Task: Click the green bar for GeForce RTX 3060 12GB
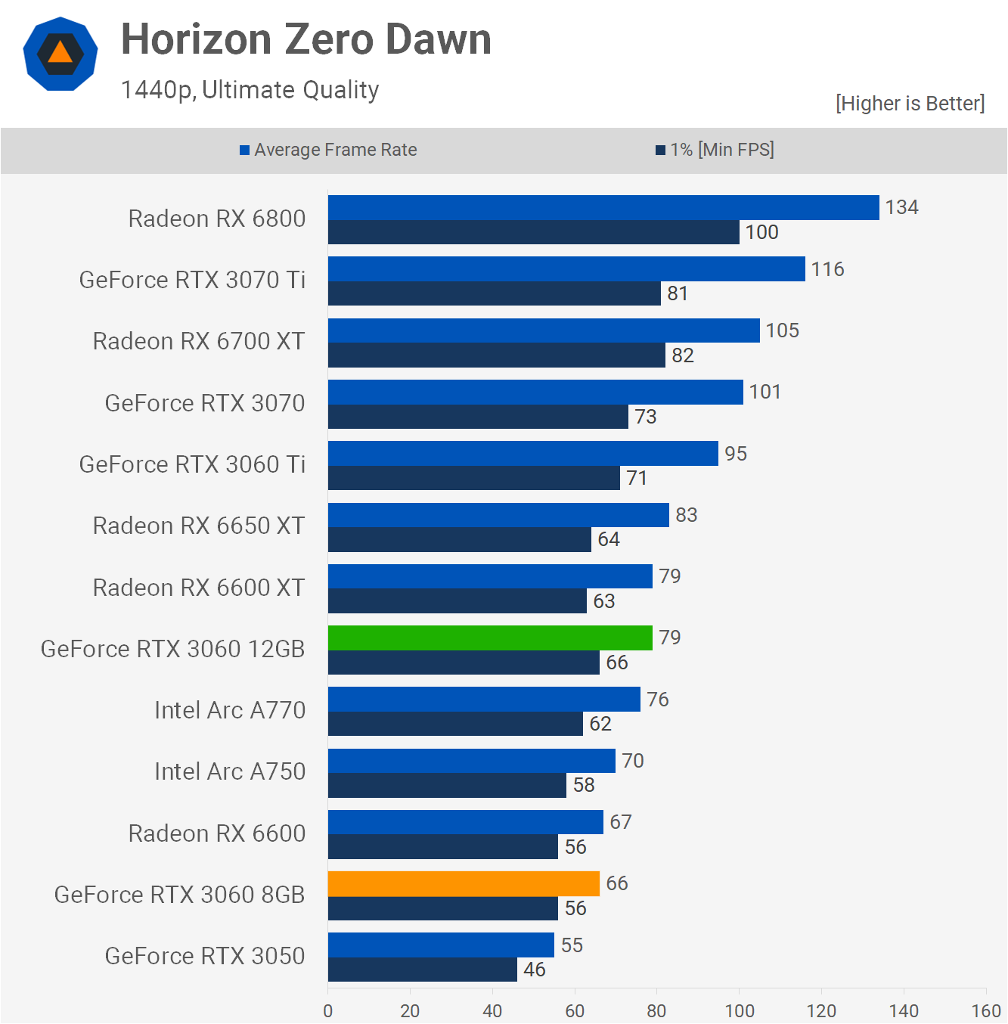point(490,638)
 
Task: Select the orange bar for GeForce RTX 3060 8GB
point(464,883)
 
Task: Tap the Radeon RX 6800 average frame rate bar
point(603,207)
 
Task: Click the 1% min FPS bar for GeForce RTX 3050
point(422,970)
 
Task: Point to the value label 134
point(901,207)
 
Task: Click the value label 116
point(827,269)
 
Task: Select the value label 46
point(534,970)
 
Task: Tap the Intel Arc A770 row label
point(230,710)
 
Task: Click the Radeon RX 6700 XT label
point(199,341)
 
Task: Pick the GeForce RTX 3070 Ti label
point(192,280)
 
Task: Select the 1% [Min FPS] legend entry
point(715,150)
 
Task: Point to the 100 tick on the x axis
point(739,1010)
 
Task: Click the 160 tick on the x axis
point(985,1010)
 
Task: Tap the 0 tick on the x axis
point(327,1010)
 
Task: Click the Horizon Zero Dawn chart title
point(306,39)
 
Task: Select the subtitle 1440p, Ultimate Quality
point(250,90)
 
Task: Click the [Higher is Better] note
point(910,104)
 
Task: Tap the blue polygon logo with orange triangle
point(60,54)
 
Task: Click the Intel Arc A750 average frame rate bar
point(471,761)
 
